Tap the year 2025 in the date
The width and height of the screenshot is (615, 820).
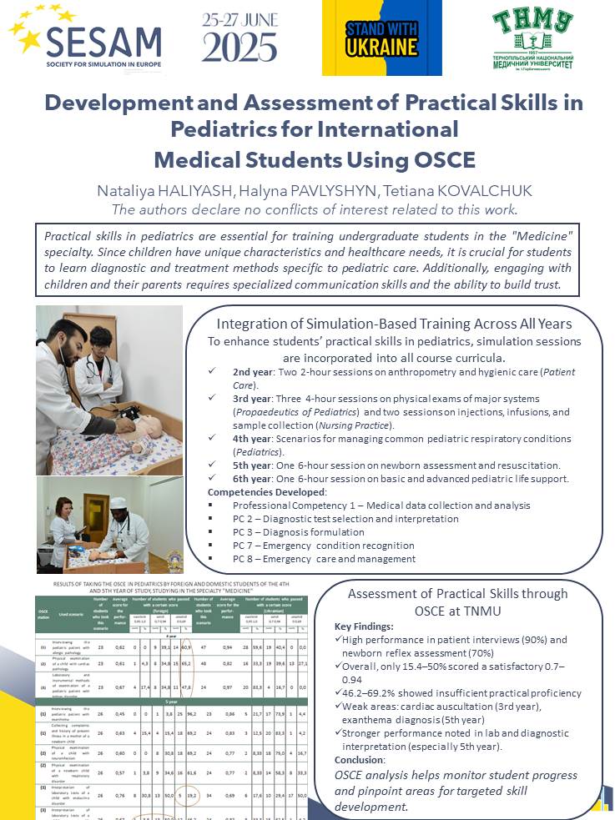[239, 48]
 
